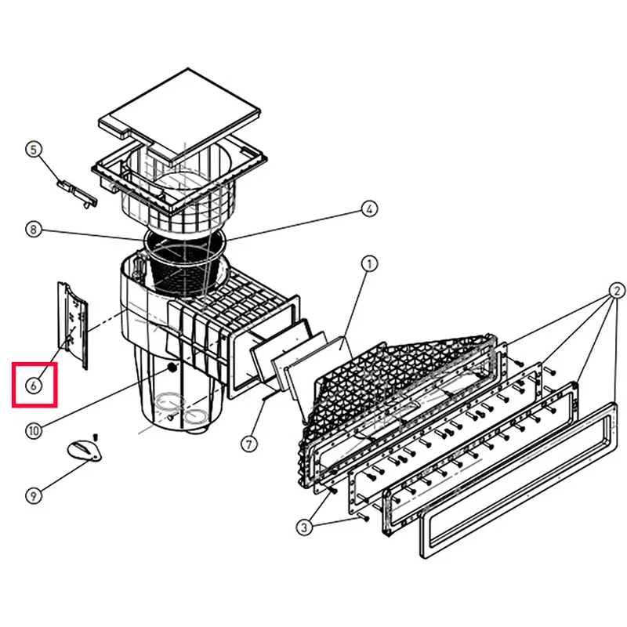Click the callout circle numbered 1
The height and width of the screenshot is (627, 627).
click(369, 264)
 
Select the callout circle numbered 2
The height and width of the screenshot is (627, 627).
click(617, 290)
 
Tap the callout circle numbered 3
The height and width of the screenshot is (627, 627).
click(304, 527)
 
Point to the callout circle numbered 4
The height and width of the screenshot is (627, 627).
click(369, 208)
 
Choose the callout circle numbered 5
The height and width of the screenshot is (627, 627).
click(34, 150)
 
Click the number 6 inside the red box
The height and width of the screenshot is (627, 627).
click(34, 386)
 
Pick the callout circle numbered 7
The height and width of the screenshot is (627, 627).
click(249, 444)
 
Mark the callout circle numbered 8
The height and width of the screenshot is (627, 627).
click(34, 230)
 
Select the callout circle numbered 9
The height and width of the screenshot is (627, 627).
click(34, 496)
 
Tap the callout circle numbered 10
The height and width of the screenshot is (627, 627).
click(34, 431)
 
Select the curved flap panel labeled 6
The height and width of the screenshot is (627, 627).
click(73, 325)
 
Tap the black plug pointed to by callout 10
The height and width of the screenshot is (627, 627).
click(172, 368)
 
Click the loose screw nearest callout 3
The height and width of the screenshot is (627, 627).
click(364, 517)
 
